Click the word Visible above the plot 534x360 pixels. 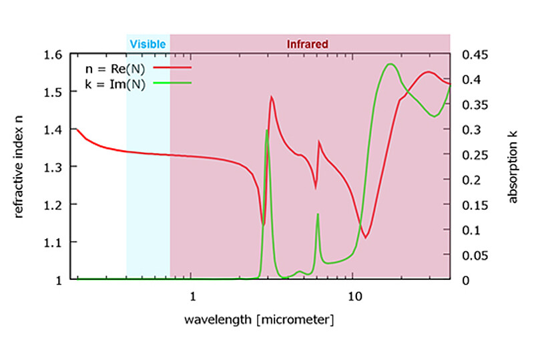coord(148,44)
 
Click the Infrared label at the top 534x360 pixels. coord(307,44)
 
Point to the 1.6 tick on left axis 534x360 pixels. coord(59,54)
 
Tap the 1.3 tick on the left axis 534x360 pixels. coord(59,167)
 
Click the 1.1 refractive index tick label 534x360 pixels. coord(59,242)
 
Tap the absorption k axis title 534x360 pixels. coord(513,167)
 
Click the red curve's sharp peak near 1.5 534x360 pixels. coord(272,97)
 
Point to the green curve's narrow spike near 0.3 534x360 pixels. coord(267,130)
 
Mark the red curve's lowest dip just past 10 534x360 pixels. coord(366,237)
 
